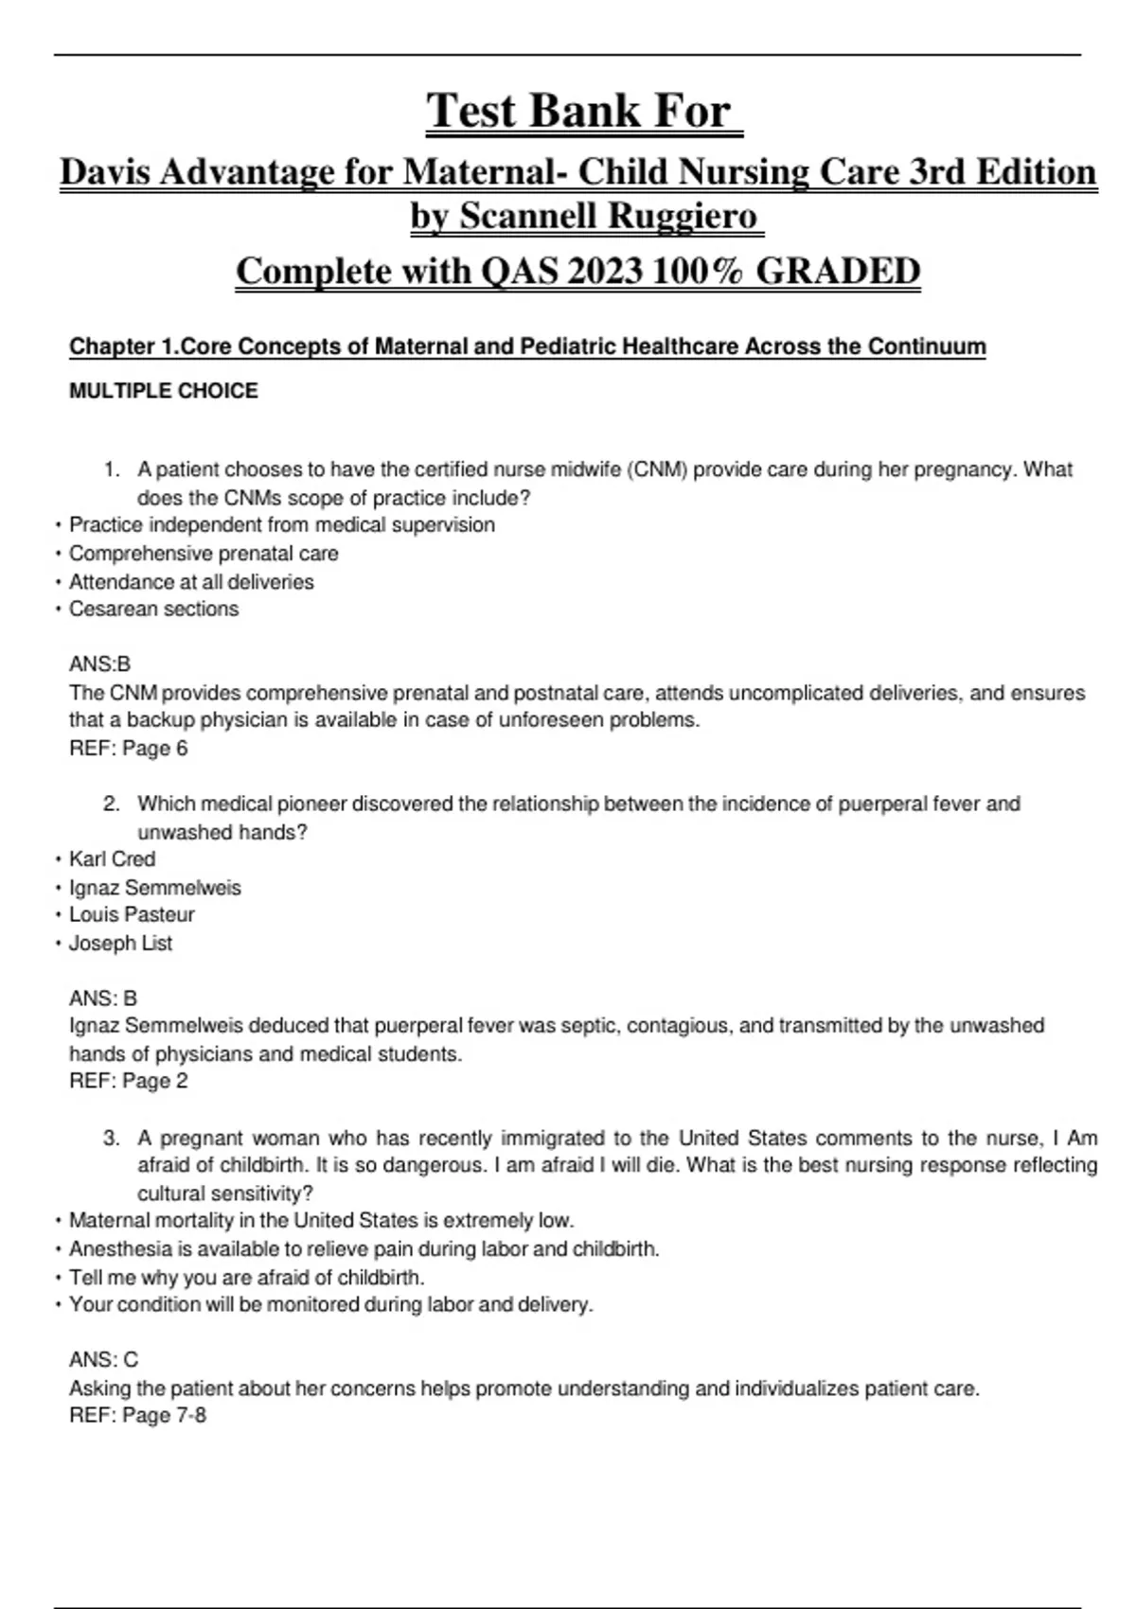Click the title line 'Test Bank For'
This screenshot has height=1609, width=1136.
coord(578,111)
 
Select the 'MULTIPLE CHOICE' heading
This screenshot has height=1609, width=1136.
coord(163,391)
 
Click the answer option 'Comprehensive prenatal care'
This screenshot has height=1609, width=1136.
coord(204,554)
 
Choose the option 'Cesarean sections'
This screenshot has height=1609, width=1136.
coord(153,610)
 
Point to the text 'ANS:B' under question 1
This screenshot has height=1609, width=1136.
coord(99,664)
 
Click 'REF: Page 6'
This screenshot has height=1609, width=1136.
coord(129,749)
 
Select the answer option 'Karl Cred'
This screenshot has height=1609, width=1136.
coord(112,859)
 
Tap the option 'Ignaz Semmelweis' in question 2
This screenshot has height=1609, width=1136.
coord(154,888)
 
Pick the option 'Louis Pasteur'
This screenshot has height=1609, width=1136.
coord(132,915)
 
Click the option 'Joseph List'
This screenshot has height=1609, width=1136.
coord(120,944)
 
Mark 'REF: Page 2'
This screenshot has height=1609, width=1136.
coord(129,1081)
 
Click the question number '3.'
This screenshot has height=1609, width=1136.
coord(112,1138)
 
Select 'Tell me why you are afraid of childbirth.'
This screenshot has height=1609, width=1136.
coord(246,1278)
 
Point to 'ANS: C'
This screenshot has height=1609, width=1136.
coord(103,1360)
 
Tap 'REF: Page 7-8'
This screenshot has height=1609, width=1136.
coord(137,1416)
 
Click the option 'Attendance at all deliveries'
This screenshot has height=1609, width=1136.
coord(191,582)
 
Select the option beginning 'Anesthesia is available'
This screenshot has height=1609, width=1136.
coord(364,1249)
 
